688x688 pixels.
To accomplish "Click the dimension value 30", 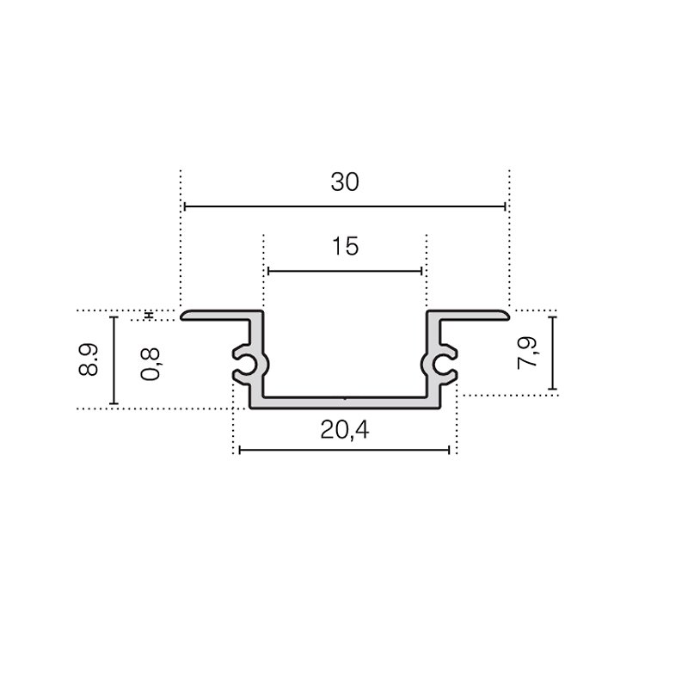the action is (345, 182).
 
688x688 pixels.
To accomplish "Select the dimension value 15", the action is (346, 246).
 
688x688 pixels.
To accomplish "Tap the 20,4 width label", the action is (345, 430).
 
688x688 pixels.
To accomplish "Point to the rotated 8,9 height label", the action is (89, 359).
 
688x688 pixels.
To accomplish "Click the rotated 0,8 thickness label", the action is (150, 364).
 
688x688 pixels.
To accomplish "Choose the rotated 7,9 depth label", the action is (527, 353).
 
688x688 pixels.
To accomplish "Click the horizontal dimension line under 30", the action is (345, 206).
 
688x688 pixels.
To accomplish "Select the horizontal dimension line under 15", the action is (345, 271).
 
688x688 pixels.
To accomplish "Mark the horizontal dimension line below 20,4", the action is (345, 450).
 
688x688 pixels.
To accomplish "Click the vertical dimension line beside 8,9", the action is (114, 360).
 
